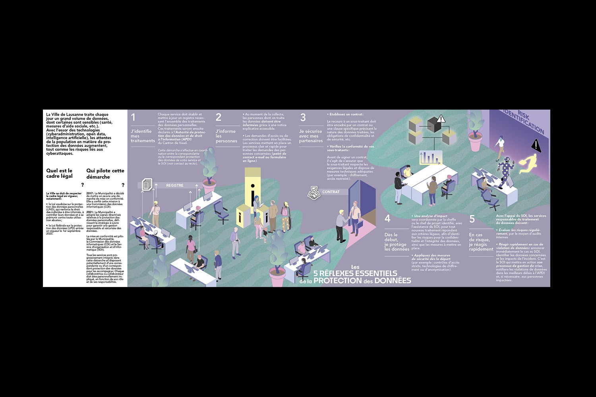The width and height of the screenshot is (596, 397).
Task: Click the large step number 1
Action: point(133,117)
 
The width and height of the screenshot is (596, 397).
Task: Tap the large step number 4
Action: point(387,219)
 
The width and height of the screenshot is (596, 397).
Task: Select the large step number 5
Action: point(472,219)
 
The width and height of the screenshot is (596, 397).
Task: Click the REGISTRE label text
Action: point(175,185)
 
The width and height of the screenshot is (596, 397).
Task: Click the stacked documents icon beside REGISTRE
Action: point(147,184)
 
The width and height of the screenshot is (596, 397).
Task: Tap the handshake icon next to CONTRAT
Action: point(314,193)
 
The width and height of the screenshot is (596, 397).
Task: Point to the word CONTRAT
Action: point(331,192)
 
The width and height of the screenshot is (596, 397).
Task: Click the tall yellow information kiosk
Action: point(253,187)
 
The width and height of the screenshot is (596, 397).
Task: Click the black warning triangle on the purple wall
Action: point(536,145)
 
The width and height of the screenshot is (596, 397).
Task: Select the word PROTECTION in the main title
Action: point(337,281)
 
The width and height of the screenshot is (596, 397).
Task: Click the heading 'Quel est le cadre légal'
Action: point(60,173)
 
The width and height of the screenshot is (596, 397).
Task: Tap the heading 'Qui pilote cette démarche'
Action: point(105,173)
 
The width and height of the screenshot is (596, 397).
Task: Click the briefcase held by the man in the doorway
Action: point(359,224)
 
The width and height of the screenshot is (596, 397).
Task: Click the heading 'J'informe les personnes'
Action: point(226,136)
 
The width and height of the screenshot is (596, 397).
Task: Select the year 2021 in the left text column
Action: point(90,212)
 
